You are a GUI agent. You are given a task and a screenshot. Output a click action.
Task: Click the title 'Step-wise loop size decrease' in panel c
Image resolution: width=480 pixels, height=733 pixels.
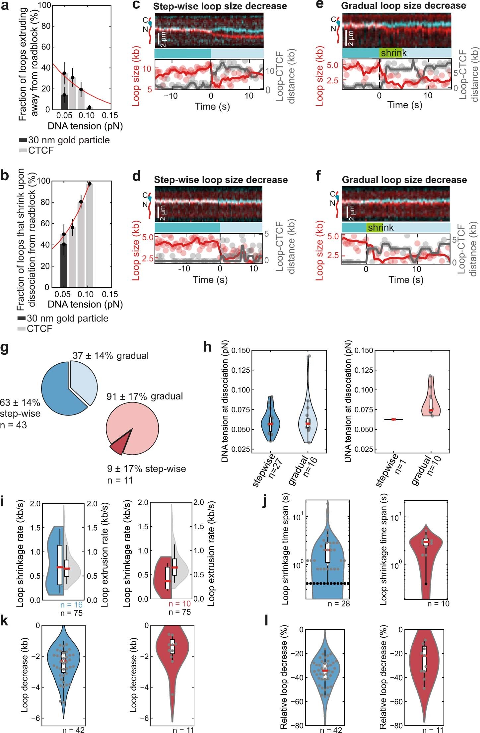[220, 6]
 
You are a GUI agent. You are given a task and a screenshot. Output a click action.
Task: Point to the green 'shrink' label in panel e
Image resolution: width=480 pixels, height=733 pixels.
[391, 53]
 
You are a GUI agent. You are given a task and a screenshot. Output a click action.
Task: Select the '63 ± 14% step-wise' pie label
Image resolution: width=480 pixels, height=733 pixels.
[20, 408]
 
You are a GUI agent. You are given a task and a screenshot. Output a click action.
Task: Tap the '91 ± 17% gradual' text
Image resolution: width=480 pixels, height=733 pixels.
[145, 396]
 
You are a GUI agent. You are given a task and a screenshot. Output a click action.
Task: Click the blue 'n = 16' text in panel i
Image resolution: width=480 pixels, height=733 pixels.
[71, 605]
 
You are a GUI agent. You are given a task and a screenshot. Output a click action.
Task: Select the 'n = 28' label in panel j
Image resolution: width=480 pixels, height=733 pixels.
[338, 604]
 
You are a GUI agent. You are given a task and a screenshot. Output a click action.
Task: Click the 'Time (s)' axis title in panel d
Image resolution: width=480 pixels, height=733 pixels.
[210, 280]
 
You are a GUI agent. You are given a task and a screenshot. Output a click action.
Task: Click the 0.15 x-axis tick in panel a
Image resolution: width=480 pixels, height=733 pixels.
[110, 115]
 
